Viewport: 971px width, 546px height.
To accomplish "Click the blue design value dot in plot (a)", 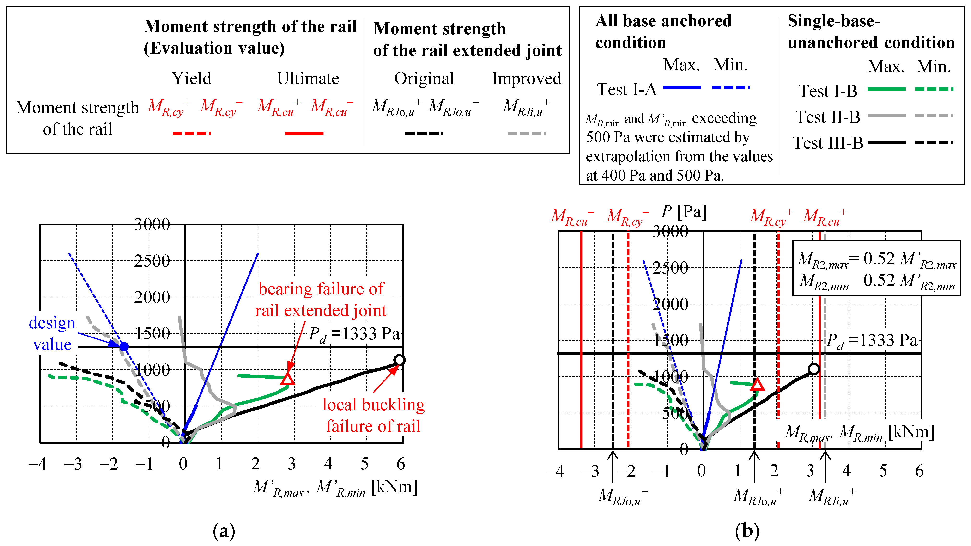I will coord(124,346).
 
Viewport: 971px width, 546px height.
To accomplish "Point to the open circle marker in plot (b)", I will coord(814,369).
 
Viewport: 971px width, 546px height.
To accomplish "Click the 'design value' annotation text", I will coord(52,334).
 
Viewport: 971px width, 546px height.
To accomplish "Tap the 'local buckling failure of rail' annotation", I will coord(373,415).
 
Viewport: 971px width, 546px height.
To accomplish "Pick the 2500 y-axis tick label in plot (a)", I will coord(152,261).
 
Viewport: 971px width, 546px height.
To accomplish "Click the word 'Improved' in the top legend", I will coord(526,79).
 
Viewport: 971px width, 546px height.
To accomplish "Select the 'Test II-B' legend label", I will coord(828,117).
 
